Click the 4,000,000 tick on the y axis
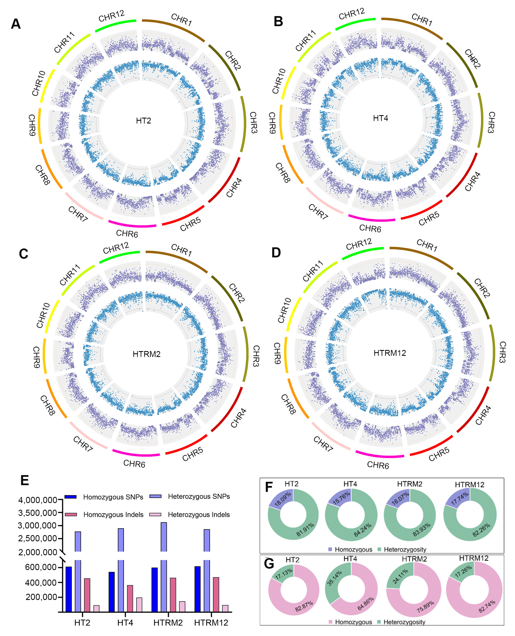38,500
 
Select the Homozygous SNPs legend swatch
71,497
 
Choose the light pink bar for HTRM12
225,608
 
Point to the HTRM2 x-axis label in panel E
168,623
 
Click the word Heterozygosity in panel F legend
405,549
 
